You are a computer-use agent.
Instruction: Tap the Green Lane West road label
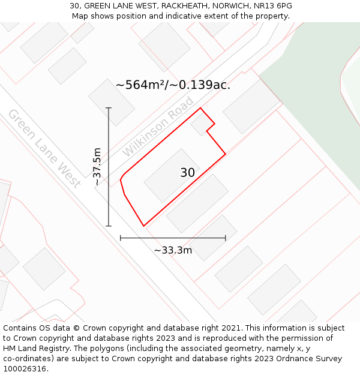[x=44, y=148]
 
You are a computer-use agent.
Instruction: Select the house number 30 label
[x=187, y=173]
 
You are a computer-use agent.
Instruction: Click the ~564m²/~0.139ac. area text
[x=173, y=85]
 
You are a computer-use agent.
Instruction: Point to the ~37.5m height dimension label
[x=97, y=167]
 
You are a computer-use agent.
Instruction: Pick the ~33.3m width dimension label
[x=173, y=250]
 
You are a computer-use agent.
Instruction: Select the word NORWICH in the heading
[x=230, y=6]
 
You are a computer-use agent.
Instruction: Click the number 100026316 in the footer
[x=25, y=369]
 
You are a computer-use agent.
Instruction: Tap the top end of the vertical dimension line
[x=109, y=108]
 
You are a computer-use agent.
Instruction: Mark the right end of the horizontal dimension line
[x=226, y=238]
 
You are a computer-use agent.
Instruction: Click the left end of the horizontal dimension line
[x=121, y=238]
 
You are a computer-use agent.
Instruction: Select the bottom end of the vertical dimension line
[x=109, y=226]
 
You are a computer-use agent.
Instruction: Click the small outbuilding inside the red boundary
[x=199, y=125]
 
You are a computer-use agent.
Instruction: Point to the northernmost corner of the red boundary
[x=200, y=108]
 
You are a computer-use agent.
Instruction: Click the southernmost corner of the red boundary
[x=143, y=226]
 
